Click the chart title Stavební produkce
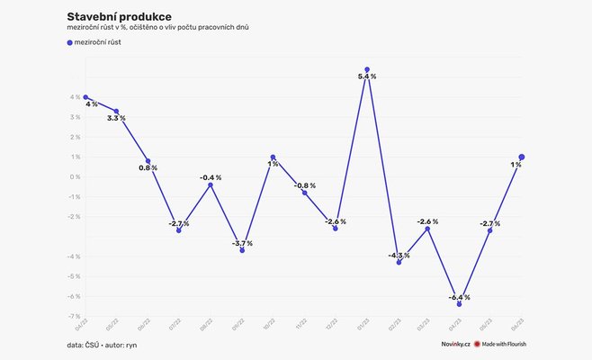[x=120, y=16]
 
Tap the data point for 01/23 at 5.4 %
[x=366, y=69]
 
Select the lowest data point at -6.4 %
[x=459, y=304]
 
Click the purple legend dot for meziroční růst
[x=69, y=42]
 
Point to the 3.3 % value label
[x=116, y=119]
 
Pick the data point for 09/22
[x=242, y=250]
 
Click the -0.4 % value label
[x=211, y=177]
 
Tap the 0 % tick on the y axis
[x=74, y=176]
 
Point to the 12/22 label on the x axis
[x=333, y=325]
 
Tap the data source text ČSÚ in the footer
[x=93, y=345]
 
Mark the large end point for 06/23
[x=522, y=157]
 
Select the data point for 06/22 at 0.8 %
[x=148, y=161]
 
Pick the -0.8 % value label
[x=305, y=185]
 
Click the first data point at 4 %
[x=85, y=96]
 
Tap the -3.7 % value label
[x=242, y=243]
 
